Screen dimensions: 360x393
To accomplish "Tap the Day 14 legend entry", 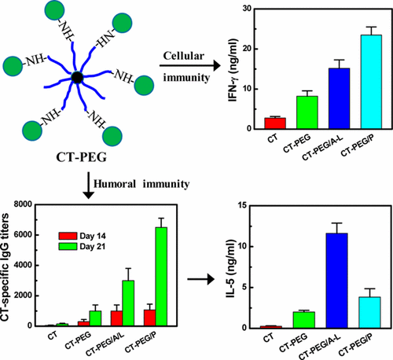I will tap(83, 234).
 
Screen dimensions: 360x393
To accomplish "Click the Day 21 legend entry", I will tap(83, 246).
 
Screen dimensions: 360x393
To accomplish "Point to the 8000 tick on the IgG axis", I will tap(28, 204).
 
